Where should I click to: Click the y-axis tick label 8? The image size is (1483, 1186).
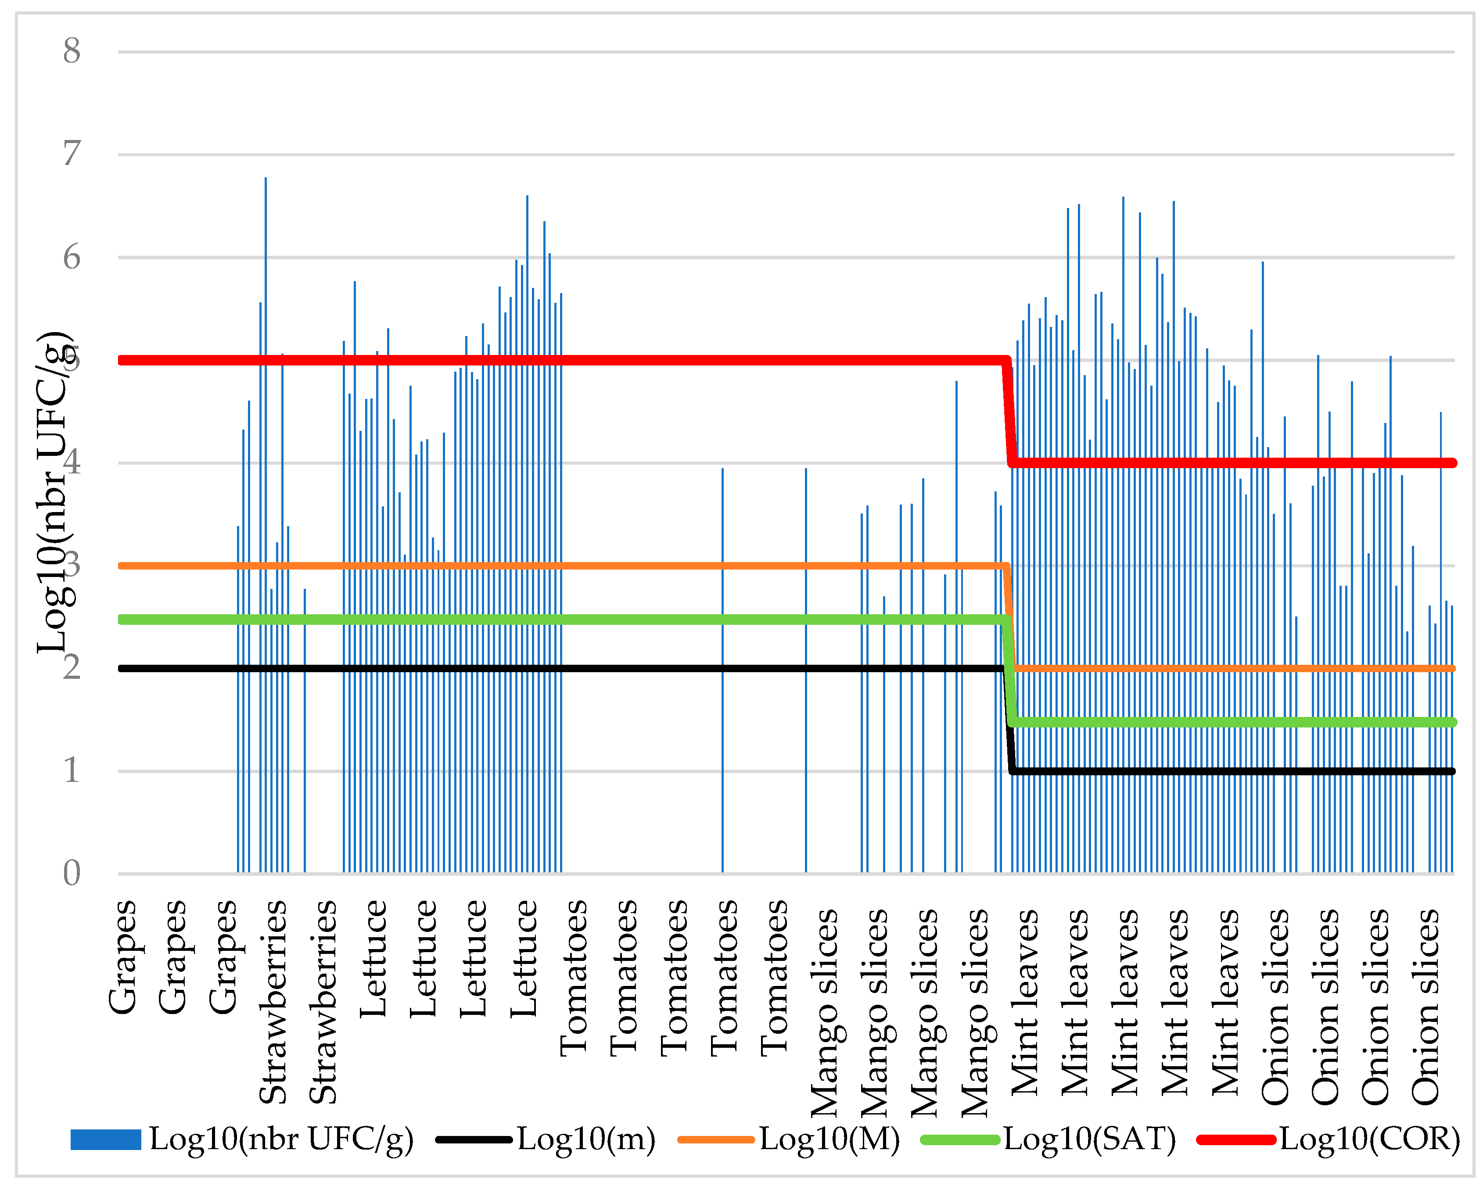[72, 52]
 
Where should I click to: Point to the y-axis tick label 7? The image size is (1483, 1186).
[72, 154]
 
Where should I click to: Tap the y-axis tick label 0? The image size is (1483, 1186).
[72, 874]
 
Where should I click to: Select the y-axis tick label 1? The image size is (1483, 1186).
[72, 771]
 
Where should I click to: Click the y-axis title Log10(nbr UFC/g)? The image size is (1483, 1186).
[55, 491]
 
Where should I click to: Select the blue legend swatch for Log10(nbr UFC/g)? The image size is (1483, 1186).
[105, 1139]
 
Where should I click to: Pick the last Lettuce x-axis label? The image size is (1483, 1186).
[524, 959]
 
